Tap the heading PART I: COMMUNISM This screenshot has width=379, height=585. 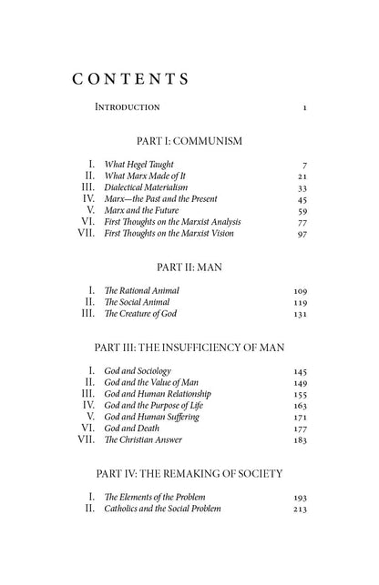(x=189, y=142)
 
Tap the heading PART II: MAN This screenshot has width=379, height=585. (x=189, y=268)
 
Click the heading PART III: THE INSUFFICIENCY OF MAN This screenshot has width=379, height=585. (x=189, y=348)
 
